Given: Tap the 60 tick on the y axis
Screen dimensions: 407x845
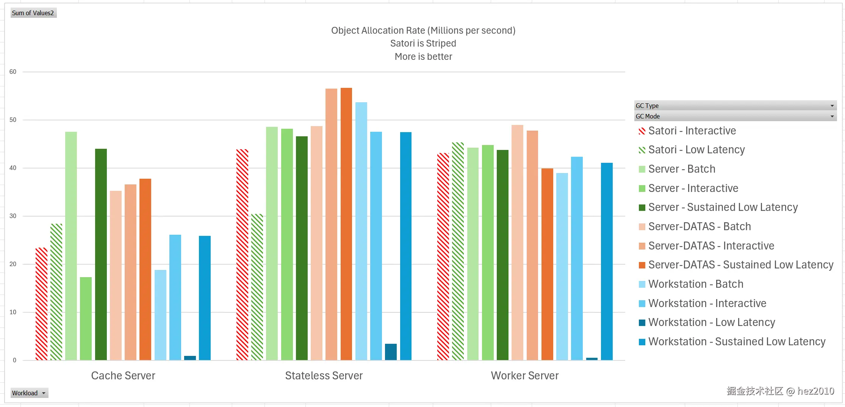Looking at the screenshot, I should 13,72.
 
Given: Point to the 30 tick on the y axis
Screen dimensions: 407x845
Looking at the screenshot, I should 13,216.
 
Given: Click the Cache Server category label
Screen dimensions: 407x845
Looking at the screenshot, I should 123,376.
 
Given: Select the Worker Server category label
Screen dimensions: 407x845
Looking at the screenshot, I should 524,376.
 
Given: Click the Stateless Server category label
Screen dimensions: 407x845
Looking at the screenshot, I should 324,376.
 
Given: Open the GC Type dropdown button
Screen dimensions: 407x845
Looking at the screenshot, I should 832,106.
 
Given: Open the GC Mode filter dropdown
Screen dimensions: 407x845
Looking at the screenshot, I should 832,116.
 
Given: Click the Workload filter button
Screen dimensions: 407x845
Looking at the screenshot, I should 29,393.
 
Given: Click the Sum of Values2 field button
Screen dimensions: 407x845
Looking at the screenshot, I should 33,13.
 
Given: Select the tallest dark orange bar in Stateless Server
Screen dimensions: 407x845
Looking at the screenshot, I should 346,223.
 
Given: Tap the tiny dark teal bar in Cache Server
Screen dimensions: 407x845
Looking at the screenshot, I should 190,358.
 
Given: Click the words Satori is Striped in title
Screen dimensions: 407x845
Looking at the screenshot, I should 423,44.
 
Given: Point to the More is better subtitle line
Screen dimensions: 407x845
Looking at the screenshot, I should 423,57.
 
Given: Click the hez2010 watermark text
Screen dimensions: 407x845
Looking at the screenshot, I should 815,391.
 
